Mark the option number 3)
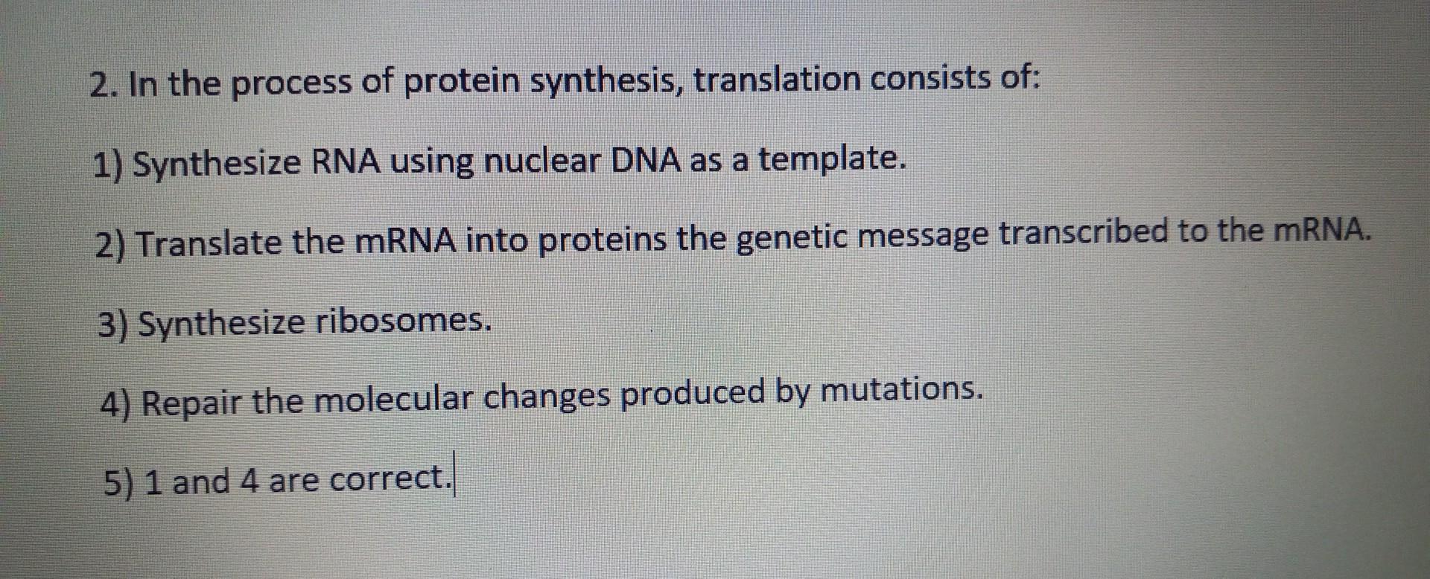[x=113, y=325]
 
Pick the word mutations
[x=900, y=389]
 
